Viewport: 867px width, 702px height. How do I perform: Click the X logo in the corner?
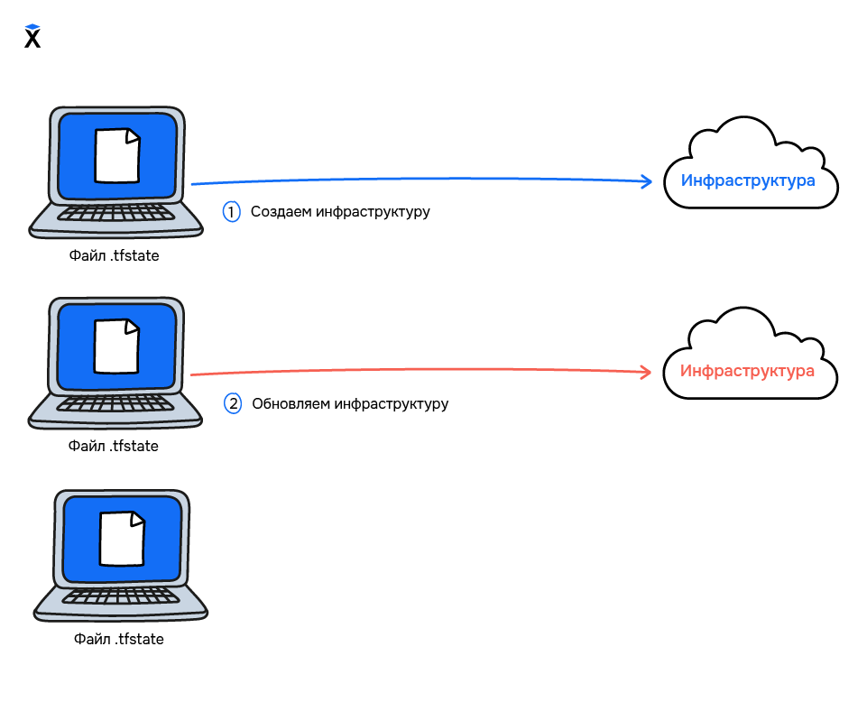(x=32, y=37)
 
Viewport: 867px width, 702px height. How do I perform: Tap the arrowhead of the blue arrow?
(x=647, y=181)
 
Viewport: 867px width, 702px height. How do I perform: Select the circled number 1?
(x=232, y=212)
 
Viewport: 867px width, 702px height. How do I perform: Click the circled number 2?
(x=233, y=403)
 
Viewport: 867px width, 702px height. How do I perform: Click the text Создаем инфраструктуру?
(x=340, y=212)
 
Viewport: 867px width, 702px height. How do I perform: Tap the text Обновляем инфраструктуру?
(x=350, y=403)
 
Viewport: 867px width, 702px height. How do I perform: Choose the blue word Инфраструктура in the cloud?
(x=748, y=180)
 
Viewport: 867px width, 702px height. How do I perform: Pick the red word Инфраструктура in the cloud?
(x=747, y=371)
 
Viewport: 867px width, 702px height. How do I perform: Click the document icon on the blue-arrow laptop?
(x=118, y=155)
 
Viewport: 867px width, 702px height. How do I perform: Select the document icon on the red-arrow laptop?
(x=117, y=346)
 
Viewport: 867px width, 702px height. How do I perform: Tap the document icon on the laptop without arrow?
(x=122, y=538)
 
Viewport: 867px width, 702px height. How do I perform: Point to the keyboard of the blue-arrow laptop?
(x=115, y=214)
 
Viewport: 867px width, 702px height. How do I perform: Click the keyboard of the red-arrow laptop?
(x=115, y=404)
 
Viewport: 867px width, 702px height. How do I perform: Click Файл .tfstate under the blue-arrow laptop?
(x=114, y=256)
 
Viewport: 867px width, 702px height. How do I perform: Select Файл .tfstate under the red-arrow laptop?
(x=114, y=446)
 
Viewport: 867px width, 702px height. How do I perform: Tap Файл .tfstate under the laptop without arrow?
(x=118, y=639)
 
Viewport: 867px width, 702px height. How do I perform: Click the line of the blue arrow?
(x=415, y=179)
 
